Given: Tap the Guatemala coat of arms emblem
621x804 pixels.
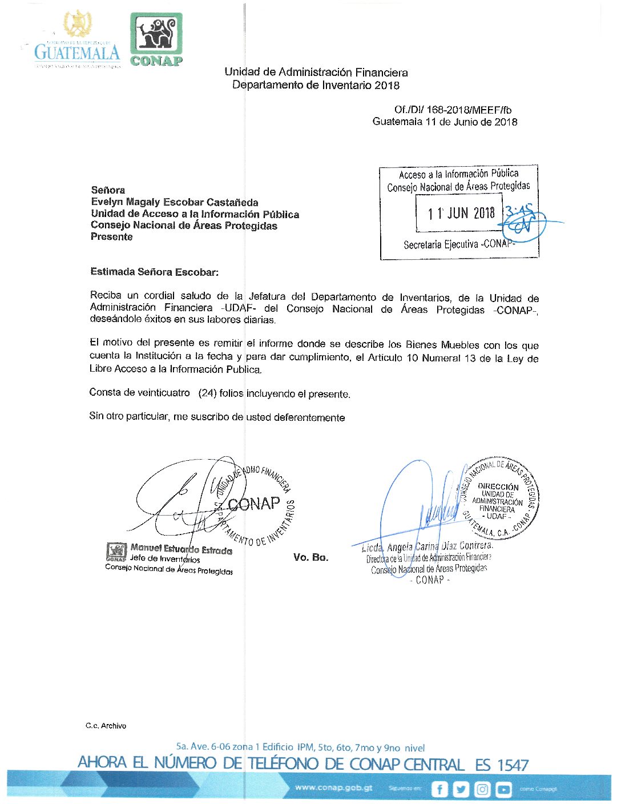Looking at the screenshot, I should (77, 25).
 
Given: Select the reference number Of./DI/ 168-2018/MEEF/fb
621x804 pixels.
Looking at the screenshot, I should (453, 110).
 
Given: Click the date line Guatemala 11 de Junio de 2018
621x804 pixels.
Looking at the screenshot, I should (445, 122).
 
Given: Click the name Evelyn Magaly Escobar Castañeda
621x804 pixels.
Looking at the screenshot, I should (175, 202).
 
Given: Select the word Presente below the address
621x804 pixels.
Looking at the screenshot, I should (111, 237).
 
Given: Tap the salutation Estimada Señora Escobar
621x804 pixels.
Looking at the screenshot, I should (154, 272).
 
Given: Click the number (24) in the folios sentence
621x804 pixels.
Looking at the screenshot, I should (207, 393).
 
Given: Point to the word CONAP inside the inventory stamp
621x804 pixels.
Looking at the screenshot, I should (254, 504).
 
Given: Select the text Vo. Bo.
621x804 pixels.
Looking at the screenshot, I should (310, 557).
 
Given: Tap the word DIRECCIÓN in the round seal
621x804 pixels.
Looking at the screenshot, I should (498, 487).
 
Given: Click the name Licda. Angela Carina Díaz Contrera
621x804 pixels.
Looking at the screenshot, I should (427, 547).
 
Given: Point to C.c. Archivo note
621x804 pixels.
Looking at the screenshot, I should (106, 726).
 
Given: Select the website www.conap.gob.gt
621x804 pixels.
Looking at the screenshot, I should (334, 787).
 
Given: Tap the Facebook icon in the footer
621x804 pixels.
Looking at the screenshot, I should (439, 789).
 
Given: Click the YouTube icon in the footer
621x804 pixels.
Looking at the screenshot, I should (503, 789).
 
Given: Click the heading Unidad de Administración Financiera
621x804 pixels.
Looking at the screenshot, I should (316, 73).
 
